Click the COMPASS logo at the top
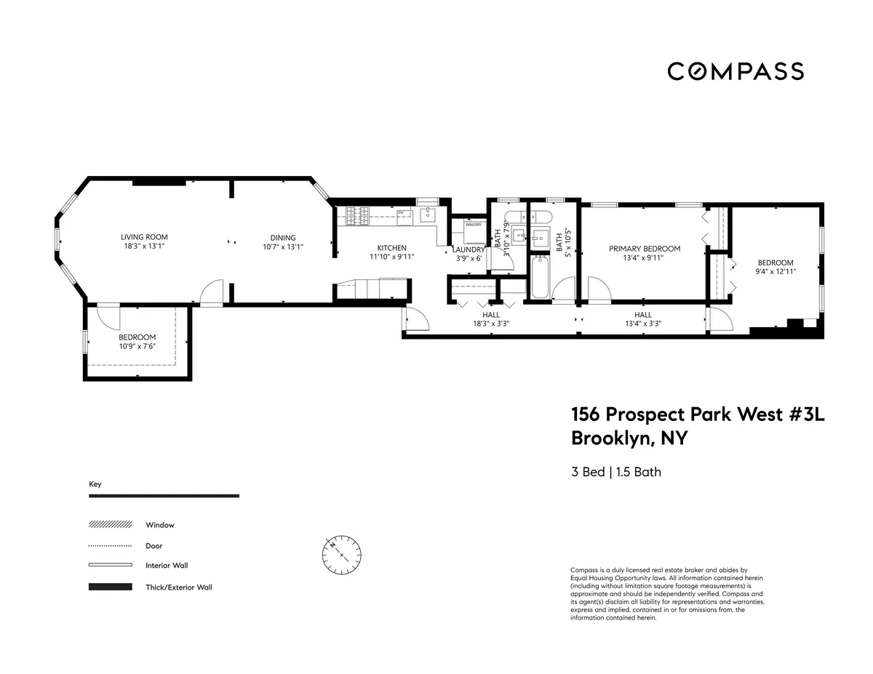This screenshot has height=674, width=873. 736,71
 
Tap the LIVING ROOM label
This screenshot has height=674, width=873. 144,237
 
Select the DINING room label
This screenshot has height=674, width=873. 283,238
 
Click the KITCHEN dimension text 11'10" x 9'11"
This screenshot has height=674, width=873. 391,257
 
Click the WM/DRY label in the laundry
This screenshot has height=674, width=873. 474,225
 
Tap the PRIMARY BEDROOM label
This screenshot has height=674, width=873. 644,249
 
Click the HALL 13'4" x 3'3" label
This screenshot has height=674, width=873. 642,319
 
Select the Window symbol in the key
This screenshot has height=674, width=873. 110,524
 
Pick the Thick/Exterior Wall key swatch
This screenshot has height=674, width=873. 110,587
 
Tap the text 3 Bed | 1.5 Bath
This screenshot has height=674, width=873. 615,472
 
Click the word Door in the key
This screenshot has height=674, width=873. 154,545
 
